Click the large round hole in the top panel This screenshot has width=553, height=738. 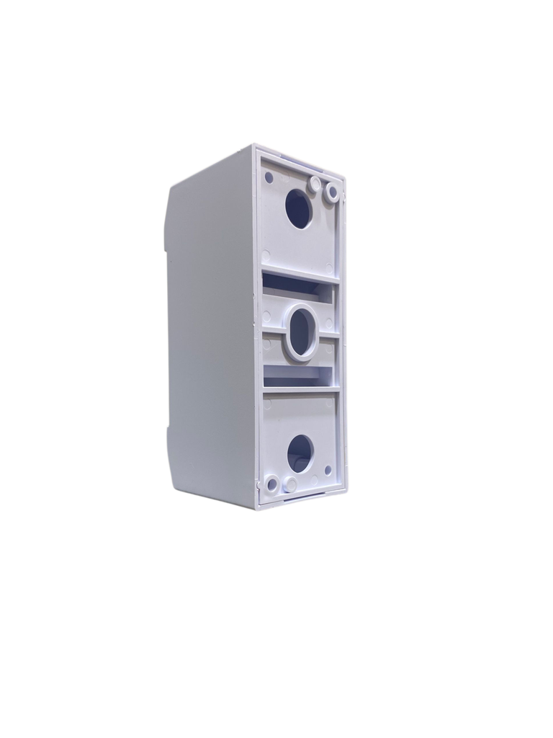tap(298, 208)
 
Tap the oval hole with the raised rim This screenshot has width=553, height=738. tap(301, 333)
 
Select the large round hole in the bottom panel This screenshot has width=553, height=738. tap(300, 453)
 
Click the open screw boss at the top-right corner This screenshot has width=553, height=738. tap(333, 192)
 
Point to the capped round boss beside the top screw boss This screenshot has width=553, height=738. tap(315, 184)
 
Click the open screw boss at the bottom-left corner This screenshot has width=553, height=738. tap(272, 484)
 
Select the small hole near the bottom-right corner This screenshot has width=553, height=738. tap(328, 470)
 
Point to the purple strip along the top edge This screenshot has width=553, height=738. tap(302, 156)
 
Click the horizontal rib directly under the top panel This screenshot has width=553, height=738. tap(299, 275)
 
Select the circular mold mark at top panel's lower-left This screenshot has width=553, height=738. tap(266, 255)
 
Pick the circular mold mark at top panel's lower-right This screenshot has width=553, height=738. tap(329, 267)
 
